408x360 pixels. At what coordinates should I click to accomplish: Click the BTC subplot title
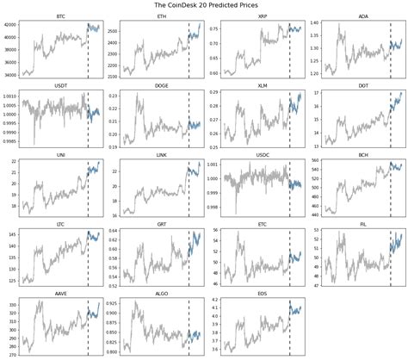click(60, 16)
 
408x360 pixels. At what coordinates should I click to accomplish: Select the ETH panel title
click(162, 16)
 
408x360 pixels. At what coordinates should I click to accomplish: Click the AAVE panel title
click(60, 294)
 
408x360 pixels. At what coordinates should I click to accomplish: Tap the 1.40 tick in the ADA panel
click(316, 22)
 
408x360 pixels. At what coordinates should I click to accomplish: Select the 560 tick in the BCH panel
click(315, 161)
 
